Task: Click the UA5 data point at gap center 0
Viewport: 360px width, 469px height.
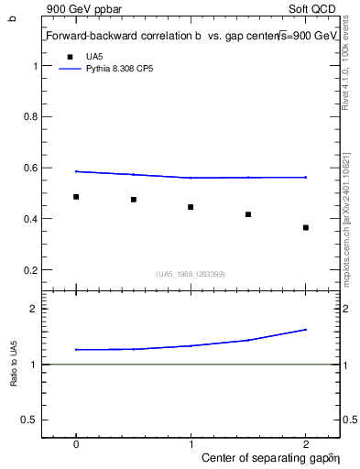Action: tap(76, 197)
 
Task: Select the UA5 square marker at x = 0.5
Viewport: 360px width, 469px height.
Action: tap(134, 200)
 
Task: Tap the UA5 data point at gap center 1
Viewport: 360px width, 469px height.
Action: tap(191, 207)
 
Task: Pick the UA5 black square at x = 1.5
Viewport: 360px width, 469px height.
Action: tap(248, 214)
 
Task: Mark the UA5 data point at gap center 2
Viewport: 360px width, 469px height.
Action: tap(306, 227)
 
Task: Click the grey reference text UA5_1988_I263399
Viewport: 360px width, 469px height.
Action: tap(191, 274)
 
